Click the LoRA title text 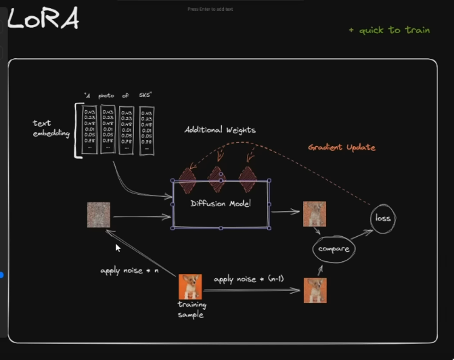43,20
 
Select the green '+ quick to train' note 388,30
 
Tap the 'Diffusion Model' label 221,204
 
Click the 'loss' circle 384,218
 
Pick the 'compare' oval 334,249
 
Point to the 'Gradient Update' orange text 341,147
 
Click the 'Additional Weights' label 220,129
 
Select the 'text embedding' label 51,129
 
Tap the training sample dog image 190,286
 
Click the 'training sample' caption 190,310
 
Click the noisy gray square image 98,215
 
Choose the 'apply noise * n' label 129,271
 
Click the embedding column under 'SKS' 146,131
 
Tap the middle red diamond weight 216,178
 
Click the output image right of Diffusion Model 315,213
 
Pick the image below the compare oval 315,290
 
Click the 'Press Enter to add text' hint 210,9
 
